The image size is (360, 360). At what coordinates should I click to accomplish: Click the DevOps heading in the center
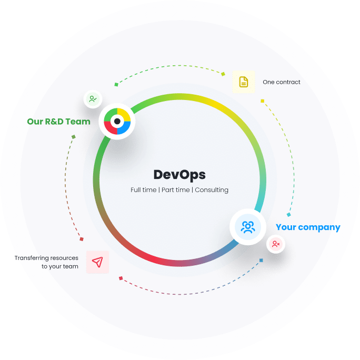[x=179, y=175]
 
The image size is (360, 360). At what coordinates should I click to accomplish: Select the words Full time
[x=143, y=190]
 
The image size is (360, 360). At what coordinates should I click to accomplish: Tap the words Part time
[x=176, y=190]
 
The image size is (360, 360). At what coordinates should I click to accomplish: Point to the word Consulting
[x=212, y=190]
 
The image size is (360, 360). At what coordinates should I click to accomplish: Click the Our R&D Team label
[x=58, y=122]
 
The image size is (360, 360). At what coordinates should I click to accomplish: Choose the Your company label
[x=308, y=227]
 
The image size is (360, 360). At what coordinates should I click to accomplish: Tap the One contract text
[x=282, y=82]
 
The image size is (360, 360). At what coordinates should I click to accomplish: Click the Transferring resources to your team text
[x=46, y=262]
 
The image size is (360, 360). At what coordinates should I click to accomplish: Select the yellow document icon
[x=244, y=82]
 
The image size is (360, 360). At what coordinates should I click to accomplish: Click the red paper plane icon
[x=97, y=262]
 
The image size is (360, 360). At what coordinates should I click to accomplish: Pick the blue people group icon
[x=248, y=227]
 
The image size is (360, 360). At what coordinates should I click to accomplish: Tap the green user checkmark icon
[x=93, y=99]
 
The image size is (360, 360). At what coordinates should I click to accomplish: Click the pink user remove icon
[x=276, y=244]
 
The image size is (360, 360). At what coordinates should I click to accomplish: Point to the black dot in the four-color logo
[x=117, y=121]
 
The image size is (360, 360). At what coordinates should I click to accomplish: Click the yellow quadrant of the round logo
[x=124, y=114]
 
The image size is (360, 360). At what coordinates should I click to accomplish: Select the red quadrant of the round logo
[x=110, y=128]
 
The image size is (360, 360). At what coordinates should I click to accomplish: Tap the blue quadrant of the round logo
[x=124, y=128]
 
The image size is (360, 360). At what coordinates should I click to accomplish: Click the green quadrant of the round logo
[x=110, y=114]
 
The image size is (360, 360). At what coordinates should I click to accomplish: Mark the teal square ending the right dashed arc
[x=289, y=215]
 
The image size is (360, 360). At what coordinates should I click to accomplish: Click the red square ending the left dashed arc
[x=82, y=239]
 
